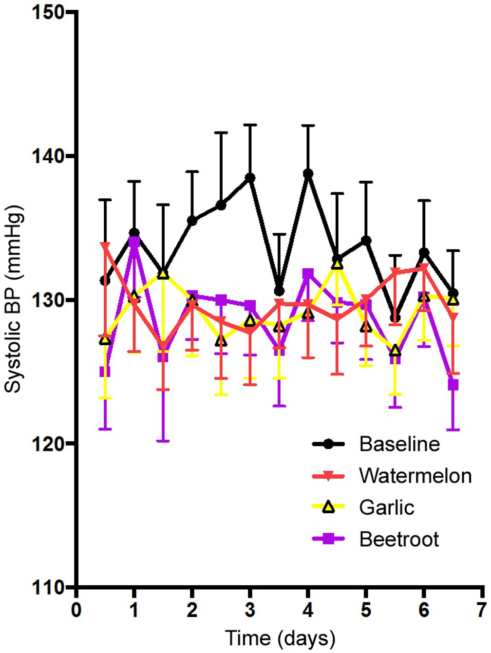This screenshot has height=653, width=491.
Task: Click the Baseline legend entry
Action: coord(399,444)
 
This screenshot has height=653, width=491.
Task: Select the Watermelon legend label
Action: coord(415,476)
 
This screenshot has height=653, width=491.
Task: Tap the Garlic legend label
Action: coord(387,507)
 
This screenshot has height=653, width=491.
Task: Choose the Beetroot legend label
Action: coord(399,539)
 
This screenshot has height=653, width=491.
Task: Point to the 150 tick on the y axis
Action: coord(49,12)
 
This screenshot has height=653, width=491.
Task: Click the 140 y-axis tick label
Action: coord(49,156)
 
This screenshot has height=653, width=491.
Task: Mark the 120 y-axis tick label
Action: coord(49,444)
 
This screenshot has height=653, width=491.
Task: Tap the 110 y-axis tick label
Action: coord(49,587)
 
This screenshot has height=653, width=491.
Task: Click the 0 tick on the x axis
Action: coord(76,610)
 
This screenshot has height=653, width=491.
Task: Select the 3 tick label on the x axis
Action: coord(250,610)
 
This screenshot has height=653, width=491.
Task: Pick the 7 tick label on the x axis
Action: coord(482,610)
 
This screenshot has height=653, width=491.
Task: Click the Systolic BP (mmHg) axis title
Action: coord(14,299)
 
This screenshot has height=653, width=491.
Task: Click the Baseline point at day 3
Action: coord(250,178)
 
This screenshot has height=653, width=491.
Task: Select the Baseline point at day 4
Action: coord(308,173)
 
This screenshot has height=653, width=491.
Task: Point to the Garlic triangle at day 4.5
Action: coord(337,264)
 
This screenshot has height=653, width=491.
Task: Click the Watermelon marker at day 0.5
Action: coord(105,246)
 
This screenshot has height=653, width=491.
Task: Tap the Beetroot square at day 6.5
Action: coord(453,385)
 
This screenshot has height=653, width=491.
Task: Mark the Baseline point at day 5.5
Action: coord(395,318)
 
